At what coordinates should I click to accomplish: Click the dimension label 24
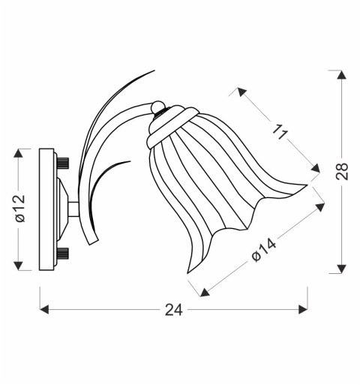(172, 309)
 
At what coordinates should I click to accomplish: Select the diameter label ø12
(19, 209)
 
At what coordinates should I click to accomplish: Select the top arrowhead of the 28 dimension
(342, 75)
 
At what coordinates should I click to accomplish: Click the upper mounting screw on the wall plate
(63, 162)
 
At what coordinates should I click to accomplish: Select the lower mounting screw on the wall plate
(63, 253)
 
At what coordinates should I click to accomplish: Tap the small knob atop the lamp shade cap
(157, 107)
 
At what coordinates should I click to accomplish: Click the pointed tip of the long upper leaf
(154, 71)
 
